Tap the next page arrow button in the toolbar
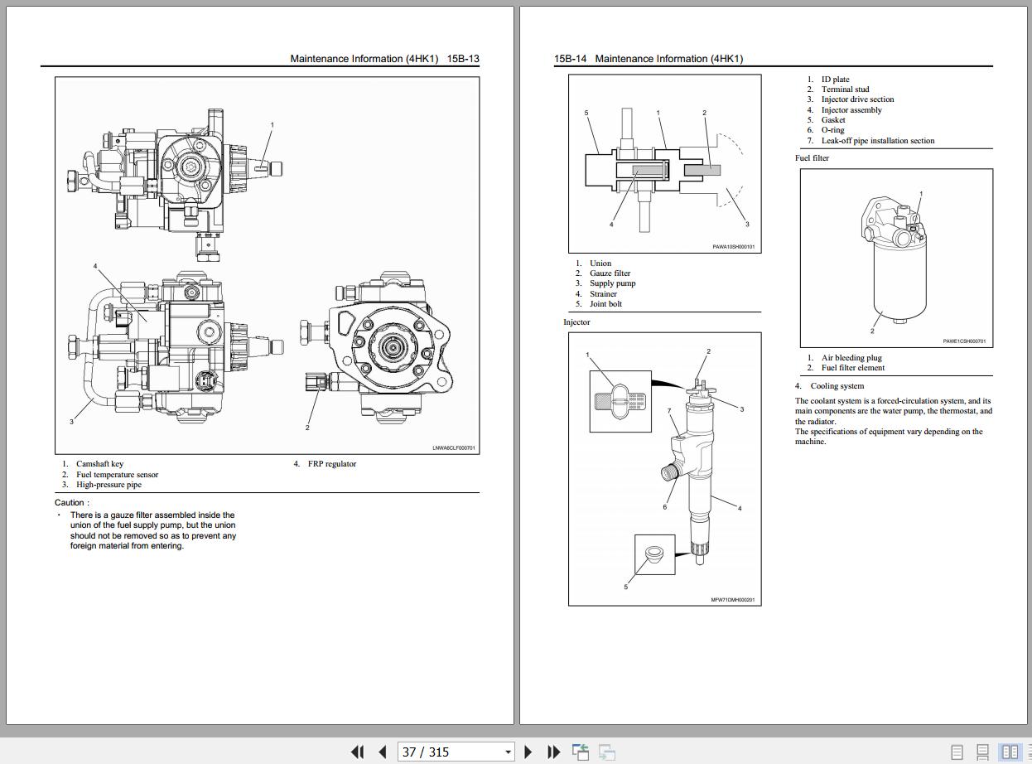coord(528,752)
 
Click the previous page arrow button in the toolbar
coord(383,752)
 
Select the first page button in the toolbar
coord(357,752)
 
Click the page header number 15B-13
coord(463,59)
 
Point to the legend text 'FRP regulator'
coord(332,464)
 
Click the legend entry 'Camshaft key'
coord(100,464)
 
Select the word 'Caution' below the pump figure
coord(70,502)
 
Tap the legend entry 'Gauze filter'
coord(610,273)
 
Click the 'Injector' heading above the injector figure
coord(576,322)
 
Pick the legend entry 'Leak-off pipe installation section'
coord(877,141)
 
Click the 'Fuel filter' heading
coord(812,157)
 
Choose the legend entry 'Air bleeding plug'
coord(851,358)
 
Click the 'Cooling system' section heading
coord(837,386)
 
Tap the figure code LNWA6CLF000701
coord(454,448)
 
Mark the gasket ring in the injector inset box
coord(653,555)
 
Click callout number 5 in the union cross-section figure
coord(586,113)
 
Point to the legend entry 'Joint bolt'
coord(605,304)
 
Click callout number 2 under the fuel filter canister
coord(872,331)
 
